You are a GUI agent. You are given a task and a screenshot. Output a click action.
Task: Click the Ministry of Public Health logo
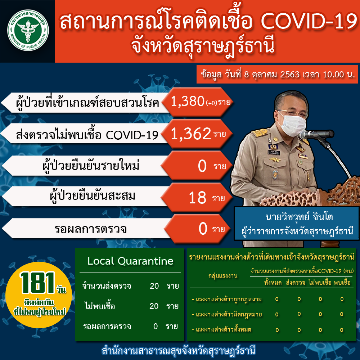tap(28, 30)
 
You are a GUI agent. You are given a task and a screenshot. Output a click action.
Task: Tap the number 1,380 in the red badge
tap(188, 101)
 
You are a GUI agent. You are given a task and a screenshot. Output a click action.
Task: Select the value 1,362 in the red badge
tap(191, 134)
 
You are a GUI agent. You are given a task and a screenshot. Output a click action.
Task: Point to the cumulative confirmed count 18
tap(197, 198)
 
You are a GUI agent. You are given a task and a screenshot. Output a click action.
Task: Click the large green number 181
tap(37, 283)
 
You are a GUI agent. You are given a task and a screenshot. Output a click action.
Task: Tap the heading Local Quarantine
tap(130, 261)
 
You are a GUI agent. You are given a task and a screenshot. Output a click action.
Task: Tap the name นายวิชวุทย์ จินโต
tap(299, 217)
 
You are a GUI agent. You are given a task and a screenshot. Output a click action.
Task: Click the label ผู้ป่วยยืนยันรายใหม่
tap(91, 166)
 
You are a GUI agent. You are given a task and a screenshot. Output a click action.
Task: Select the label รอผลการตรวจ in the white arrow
tap(90, 229)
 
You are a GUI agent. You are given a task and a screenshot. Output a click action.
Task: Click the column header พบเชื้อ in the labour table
tap(342, 282)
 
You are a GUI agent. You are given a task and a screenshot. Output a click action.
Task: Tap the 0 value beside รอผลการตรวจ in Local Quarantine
tap(156, 326)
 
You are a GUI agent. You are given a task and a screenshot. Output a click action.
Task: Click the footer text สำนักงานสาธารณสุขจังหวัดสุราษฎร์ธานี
tap(179, 351)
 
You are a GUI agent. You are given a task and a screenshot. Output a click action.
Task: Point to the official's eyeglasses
tap(292, 113)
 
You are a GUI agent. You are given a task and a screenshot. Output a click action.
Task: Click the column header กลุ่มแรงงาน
tap(223, 275)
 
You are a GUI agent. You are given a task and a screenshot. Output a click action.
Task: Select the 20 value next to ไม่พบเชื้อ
tap(154, 306)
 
